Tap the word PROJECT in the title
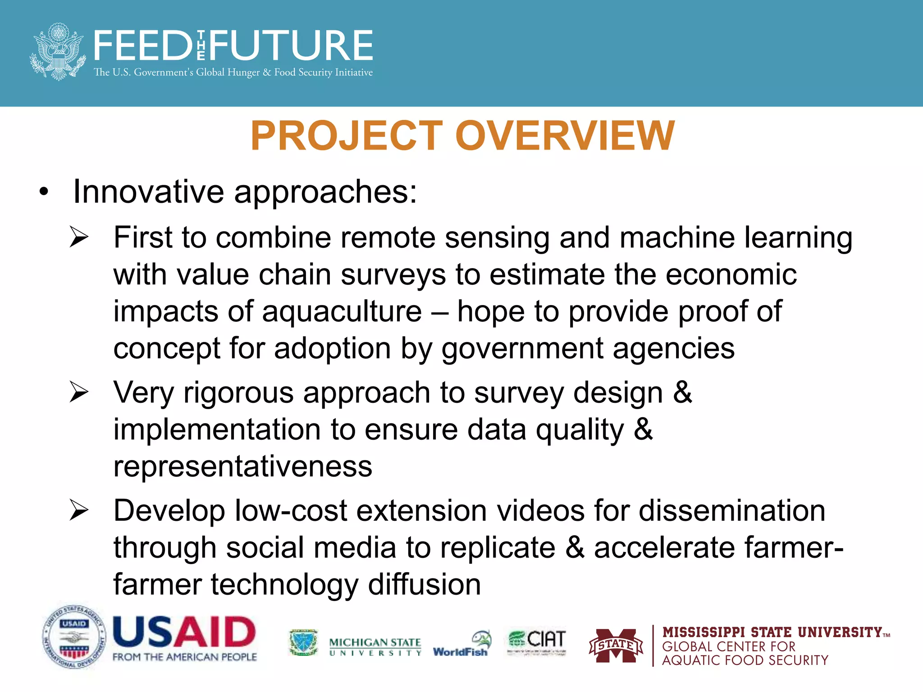pyautogui.click(x=347, y=136)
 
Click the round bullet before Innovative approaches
pyautogui.click(x=43, y=192)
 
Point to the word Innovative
pyautogui.click(x=148, y=192)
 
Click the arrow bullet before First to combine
pyautogui.click(x=79, y=237)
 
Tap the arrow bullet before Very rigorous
pyautogui.click(x=79, y=392)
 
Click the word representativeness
pyautogui.click(x=242, y=466)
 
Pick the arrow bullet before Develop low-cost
pyautogui.click(x=79, y=510)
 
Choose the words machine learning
pyautogui.click(x=736, y=237)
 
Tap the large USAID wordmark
pyautogui.click(x=184, y=631)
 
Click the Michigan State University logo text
pyautogui.click(x=375, y=646)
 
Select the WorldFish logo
pyautogui.click(x=461, y=645)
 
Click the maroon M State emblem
pyautogui.click(x=616, y=646)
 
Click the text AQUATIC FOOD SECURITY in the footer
pyautogui.click(x=745, y=660)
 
